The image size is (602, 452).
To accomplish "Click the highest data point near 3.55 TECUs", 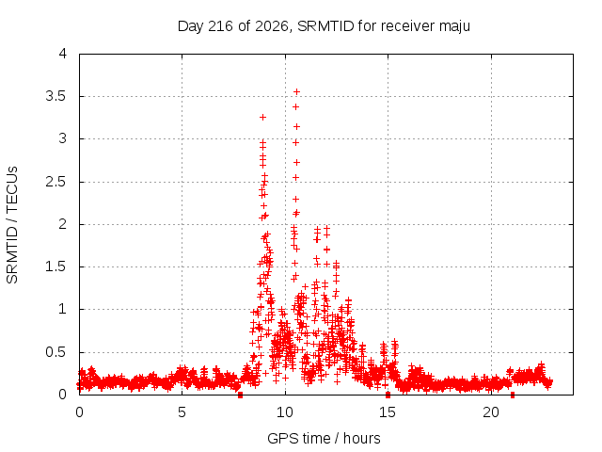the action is tap(296, 92).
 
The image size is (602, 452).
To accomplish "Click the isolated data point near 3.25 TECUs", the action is tap(262, 117).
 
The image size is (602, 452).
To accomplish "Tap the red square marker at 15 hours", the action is tap(388, 395).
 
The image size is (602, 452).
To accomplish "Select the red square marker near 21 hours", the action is tap(512, 395).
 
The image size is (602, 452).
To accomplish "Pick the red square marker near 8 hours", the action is tap(241, 395).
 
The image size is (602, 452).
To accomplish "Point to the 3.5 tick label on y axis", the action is tap(55, 96).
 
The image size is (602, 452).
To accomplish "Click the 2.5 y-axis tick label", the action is tap(55, 182).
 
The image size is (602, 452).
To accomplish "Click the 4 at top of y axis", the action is tap(63, 54).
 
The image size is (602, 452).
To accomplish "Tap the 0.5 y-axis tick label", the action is tap(55, 352).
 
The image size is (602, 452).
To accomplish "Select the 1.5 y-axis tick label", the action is tap(55, 266).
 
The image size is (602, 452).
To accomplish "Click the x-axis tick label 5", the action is tap(182, 412).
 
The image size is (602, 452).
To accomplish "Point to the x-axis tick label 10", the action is tap(284, 412).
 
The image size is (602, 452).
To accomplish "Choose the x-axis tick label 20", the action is tap(491, 412).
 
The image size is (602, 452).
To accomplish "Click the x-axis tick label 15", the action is tap(388, 412).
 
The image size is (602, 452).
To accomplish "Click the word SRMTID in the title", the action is tap(325, 26).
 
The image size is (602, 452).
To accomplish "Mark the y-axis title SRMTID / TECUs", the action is tap(12, 225).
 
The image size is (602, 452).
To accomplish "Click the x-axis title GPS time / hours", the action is tap(324, 438).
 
